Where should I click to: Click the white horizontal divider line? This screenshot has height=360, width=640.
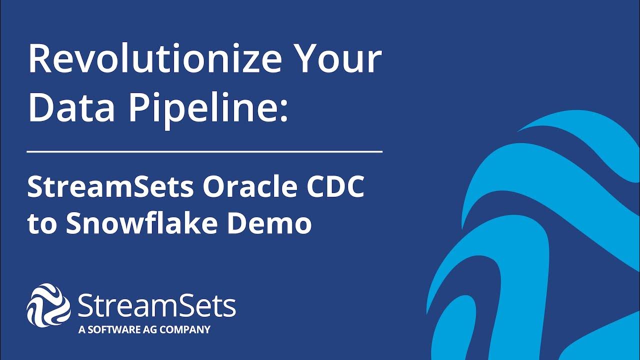(205, 150)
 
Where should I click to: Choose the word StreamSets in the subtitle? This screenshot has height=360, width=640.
(110, 187)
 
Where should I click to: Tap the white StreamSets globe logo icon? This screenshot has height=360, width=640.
(48, 305)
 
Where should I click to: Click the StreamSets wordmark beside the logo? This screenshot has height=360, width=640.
(156, 305)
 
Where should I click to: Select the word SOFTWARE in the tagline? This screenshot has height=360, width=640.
(110, 330)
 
